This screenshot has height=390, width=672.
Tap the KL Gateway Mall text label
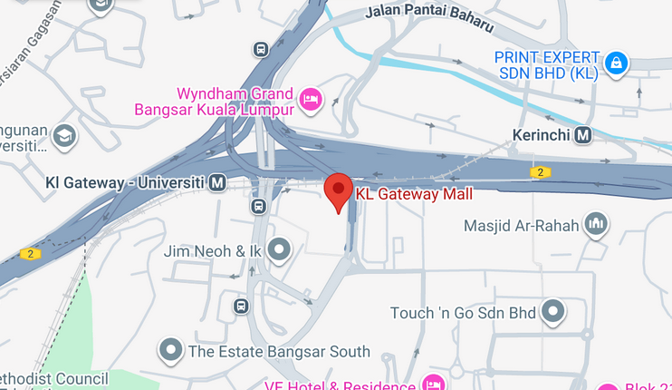pos(414,193)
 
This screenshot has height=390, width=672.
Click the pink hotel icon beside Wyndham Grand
pos(311,99)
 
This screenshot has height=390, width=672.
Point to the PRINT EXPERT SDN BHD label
pos(546,65)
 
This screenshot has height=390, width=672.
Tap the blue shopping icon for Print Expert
pos(616,63)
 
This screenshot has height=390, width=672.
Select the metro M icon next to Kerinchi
pos(583,135)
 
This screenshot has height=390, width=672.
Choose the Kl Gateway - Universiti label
pos(123,183)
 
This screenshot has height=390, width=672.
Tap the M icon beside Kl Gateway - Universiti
pos(217,183)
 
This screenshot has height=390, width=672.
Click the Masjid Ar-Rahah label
pos(521,225)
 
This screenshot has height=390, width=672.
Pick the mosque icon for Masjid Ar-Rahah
pos(595,223)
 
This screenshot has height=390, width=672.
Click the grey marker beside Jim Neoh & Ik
pos(279,249)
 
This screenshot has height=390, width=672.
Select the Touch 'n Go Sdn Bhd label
pos(463,313)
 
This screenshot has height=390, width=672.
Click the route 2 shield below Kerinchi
pos(540,171)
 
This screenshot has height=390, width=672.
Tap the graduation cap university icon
pos(64,136)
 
